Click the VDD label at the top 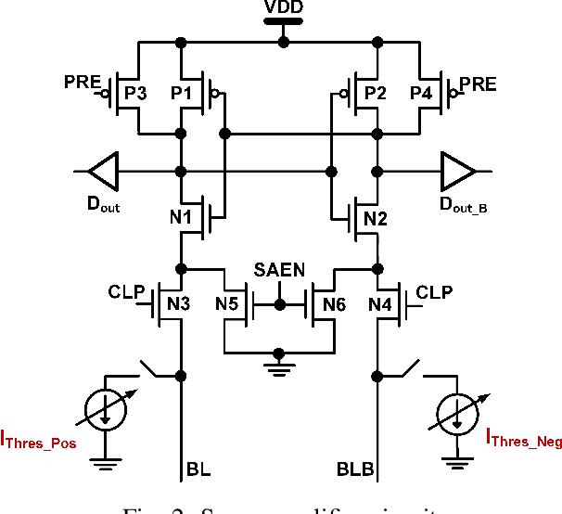click(x=283, y=9)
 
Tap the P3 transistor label click(x=135, y=93)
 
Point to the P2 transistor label click(x=375, y=93)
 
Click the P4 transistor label click(x=423, y=93)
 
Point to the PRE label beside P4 click(x=479, y=84)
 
